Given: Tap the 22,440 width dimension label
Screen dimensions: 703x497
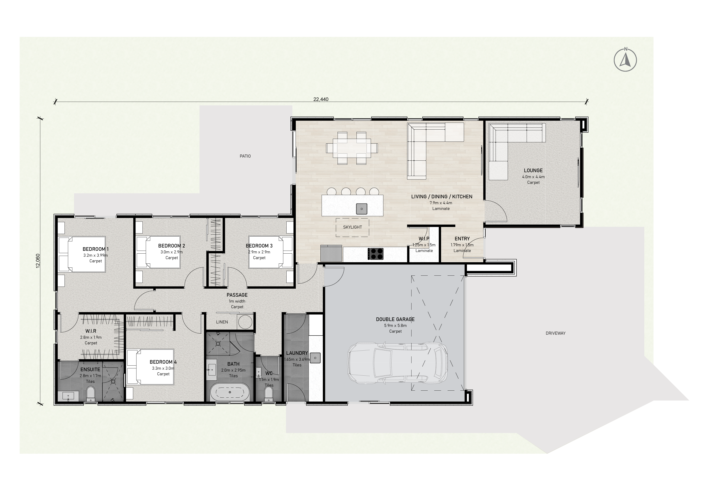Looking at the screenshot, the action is pyautogui.click(x=321, y=99).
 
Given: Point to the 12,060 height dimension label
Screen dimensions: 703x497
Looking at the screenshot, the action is pyautogui.click(x=38, y=261).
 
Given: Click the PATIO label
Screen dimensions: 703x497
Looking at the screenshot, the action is pyautogui.click(x=245, y=156).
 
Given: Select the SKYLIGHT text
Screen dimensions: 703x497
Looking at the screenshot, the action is pyautogui.click(x=353, y=227).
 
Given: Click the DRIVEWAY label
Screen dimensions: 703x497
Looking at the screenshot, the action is pyautogui.click(x=556, y=333).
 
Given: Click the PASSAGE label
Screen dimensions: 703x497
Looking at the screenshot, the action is pyautogui.click(x=237, y=295).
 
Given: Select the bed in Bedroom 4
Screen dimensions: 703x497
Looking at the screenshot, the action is pyautogui.click(x=150, y=367).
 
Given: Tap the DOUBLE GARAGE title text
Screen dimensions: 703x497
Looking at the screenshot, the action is pyautogui.click(x=395, y=319).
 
